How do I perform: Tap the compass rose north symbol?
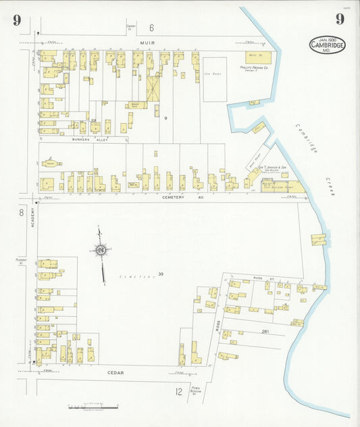[x=101, y=251]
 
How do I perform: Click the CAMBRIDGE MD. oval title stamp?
[x=328, y=45]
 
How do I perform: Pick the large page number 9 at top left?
[x=16, y=20]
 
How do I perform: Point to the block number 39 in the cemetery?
[x=161, y=274]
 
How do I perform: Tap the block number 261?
[x=265, y=331]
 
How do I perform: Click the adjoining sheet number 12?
[x=179, y=391]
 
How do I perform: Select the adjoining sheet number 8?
[x=21, y=213]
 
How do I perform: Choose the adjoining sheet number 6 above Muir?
[x=151, y=28]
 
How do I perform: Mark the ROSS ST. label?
[x=259, y=278]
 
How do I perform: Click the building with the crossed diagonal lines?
[x=153, y=88]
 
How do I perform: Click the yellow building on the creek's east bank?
[x=318, y=238]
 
